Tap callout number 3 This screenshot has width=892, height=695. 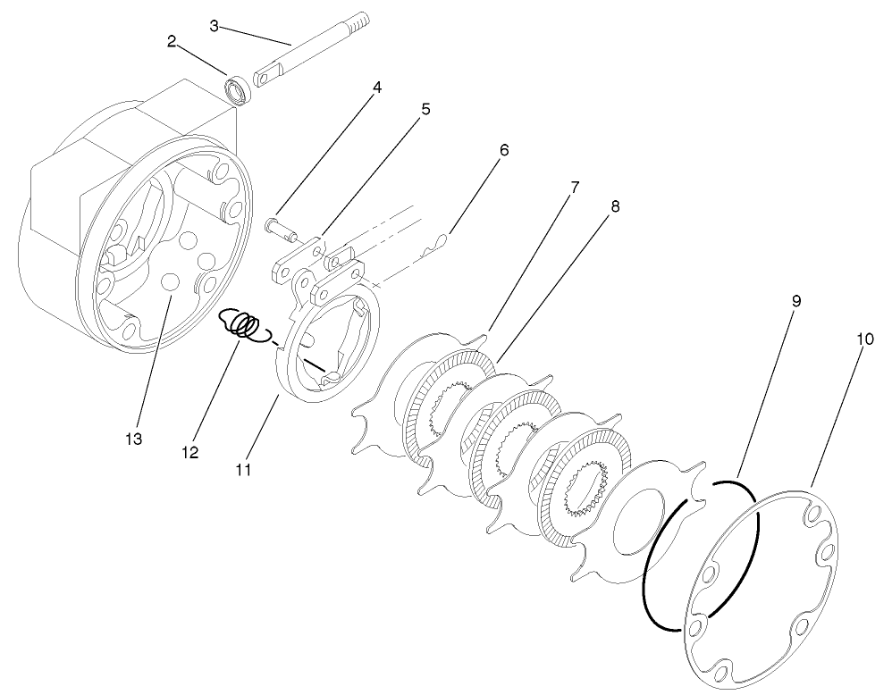pyautogui.click(x=215, y=26)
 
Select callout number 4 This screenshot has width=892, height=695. pyautogui.click(x=376, y=88)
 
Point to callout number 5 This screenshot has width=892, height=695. pyautogui.click(x=425, y=109)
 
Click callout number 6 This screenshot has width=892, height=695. pyautogui.click(x=504, y=150)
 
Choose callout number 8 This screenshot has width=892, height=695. pyautogui.click(x=615, y=205)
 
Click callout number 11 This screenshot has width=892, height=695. pyautogui.click(x=243, y=467)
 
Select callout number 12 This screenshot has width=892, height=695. pyautogui.click(x=190, y=452)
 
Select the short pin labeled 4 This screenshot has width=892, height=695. pyautogui.click(x=282, y=226)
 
